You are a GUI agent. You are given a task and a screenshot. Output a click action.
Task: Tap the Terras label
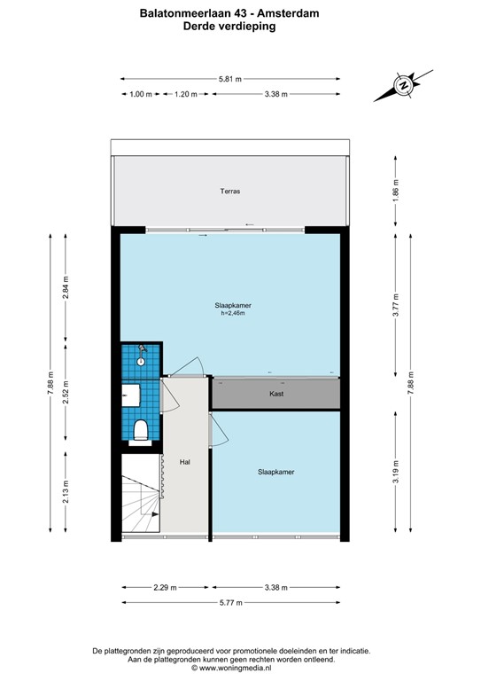(x=231, y=191)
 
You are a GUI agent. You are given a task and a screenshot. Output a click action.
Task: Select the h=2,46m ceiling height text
(x=231, y=313)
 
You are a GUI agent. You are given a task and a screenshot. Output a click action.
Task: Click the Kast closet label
(x=275, y=393)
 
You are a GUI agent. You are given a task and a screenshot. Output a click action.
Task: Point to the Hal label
(x=184, y=462)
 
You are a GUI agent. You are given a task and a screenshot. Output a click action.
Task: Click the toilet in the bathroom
(x=140, y=430)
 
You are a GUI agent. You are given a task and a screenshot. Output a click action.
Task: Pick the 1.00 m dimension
(x=140, y=94)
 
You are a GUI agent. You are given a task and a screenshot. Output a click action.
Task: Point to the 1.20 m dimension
(x=185, y=94)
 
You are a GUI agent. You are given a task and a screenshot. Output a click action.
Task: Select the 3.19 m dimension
(x=396, y=472)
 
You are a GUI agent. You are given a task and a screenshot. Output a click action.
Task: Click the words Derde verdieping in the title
(x=229, y=27)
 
